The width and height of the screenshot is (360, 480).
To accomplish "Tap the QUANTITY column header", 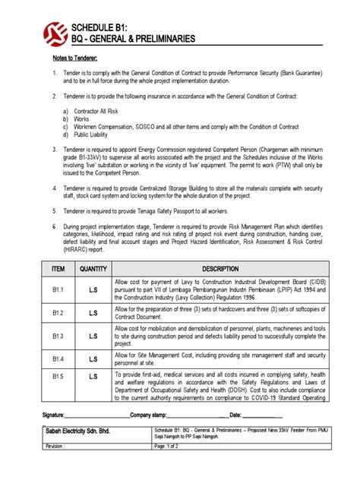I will tap(93, 268).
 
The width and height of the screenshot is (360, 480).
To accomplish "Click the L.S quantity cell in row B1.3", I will tap(93, 334).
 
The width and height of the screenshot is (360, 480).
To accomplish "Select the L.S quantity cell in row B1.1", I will tap(93, 289).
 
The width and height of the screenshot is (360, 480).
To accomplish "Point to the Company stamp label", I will tap(151, 415).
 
